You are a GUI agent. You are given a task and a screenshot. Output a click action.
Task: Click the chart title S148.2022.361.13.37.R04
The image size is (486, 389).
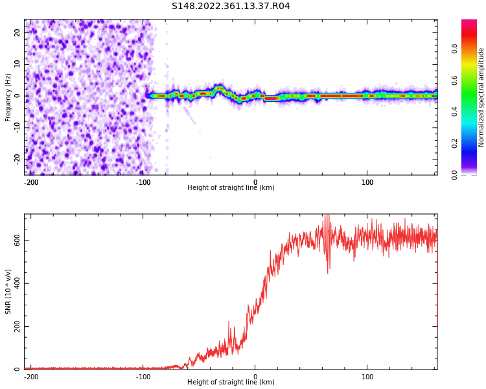(x=231, y=6)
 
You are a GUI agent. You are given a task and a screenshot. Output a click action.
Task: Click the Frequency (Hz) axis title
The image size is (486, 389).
(x=8, y=97)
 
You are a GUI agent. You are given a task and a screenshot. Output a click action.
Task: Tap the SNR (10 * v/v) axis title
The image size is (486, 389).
(x=8, y=292)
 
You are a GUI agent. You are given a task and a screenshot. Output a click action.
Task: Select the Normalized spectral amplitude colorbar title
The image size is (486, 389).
(x=481, y=97)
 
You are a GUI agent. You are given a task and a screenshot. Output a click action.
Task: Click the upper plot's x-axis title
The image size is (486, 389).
(x=231, y=188)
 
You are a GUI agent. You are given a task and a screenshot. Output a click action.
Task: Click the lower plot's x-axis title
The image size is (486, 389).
(x=231, y=383)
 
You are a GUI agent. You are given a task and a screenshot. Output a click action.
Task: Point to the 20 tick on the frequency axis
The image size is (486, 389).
(x=17, y=32)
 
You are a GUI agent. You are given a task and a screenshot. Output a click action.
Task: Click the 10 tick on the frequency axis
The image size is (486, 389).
(x=17, y=64)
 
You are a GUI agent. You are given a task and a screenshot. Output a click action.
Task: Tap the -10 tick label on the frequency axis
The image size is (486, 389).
(x=16, y=127)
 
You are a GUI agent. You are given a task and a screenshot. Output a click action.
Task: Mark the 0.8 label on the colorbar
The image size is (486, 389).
(x=455, y=49)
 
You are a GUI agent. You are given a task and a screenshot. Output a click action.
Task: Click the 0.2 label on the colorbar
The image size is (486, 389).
(x=455, y=143)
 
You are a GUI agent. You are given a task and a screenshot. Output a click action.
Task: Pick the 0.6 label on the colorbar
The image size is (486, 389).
(x=455, y=80)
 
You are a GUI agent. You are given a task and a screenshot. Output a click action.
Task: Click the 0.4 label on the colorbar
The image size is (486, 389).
(x=455, y=112)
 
